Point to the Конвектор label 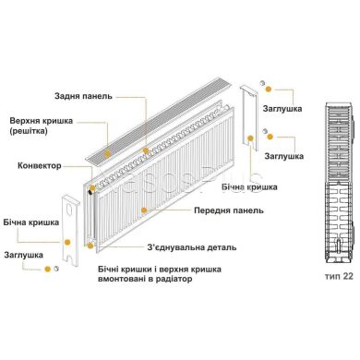(39, 166)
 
